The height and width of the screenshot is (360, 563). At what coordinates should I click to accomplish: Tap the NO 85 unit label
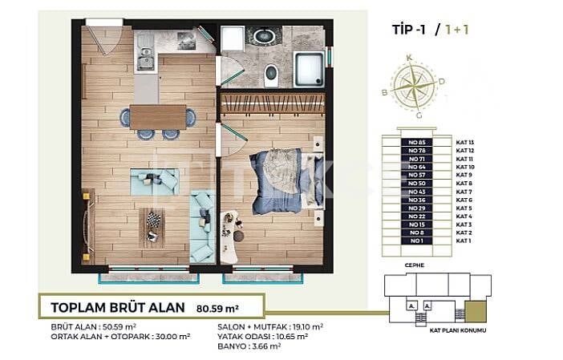[415, 141]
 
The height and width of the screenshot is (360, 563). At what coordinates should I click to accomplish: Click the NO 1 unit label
[415, 241]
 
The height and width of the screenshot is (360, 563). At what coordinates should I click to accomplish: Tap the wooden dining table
[158, 117]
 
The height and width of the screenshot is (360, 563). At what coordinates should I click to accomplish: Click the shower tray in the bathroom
[309, 68]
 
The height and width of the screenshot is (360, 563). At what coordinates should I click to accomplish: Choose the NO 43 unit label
[415, 192]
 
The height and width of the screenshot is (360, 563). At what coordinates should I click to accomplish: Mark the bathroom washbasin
[261, 36]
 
